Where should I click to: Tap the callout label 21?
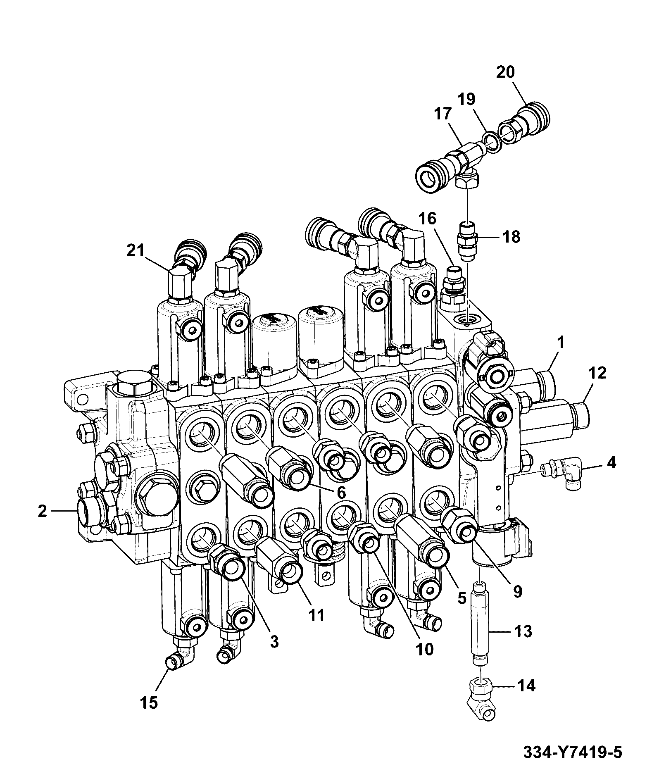(x=136, y=250)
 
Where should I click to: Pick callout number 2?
(x=42, y=511)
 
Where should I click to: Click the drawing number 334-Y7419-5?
(x=572, y=752)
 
